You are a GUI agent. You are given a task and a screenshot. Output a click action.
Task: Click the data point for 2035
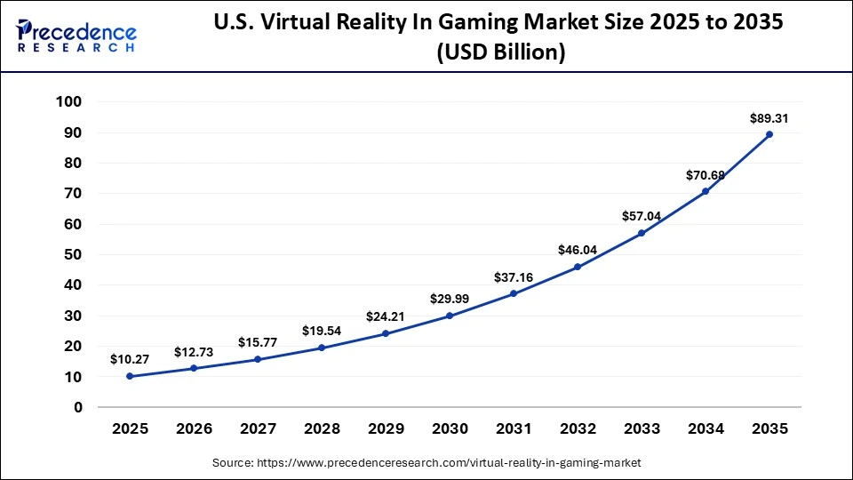769,134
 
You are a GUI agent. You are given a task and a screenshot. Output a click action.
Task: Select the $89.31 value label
769,117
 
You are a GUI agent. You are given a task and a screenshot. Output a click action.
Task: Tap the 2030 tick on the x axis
450,428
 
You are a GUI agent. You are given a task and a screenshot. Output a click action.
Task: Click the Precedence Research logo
76,36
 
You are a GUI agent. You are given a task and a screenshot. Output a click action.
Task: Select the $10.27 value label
129,359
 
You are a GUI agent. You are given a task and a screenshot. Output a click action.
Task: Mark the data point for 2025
130,376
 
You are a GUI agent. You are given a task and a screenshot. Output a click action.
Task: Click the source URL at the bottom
426,463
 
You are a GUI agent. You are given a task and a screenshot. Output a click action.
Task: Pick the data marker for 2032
578,267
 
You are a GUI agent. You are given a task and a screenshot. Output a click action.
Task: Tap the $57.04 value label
641,216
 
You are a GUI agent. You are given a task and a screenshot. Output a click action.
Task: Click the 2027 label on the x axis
258,428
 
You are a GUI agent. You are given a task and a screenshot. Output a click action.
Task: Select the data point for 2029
386,333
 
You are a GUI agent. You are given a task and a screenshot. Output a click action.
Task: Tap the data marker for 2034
705,191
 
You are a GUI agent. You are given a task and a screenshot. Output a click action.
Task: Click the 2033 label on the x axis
642,428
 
